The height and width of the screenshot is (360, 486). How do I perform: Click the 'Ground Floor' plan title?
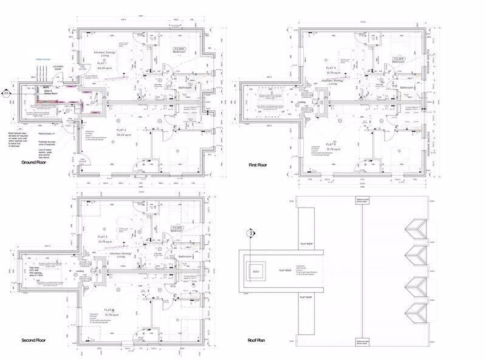(35, 163)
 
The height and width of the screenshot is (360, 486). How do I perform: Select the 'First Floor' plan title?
(258, 165)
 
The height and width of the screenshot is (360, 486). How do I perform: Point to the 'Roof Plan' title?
(252, 341)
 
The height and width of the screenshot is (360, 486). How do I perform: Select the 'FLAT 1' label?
(102, 64)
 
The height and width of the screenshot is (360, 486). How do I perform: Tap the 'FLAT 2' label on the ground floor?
(120, 131)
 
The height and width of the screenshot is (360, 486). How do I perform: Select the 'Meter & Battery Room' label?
(46, 93)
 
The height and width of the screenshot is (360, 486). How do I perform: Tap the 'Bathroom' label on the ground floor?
(185, 89)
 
